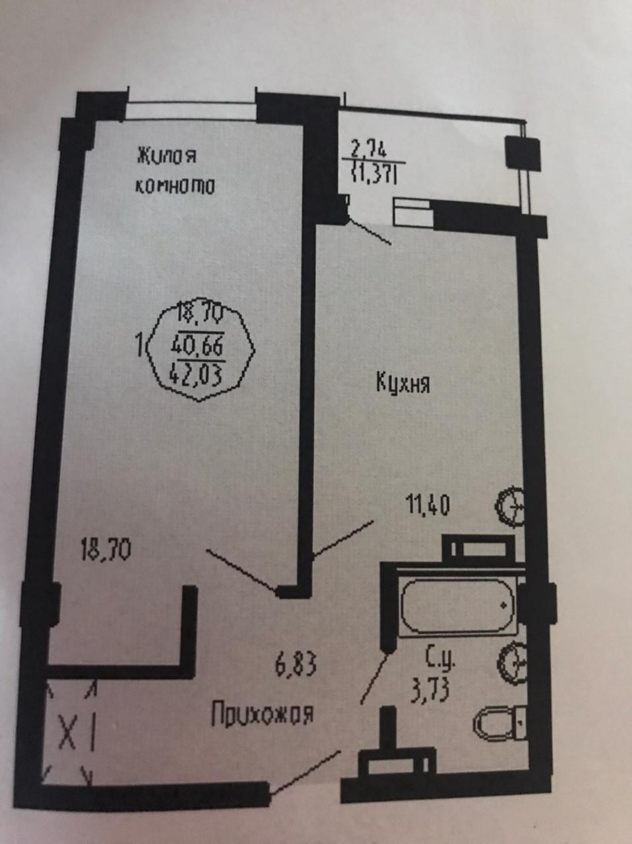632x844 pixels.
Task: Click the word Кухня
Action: click(x=402, y=384)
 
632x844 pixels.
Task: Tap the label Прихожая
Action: click(x=263, y=713)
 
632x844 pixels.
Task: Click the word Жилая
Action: click(x=166, y=157)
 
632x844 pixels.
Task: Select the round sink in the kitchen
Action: click(x=510, y=507)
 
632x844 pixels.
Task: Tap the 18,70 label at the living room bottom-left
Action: click(x=106, y=550)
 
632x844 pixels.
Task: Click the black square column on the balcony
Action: click(x=522, y=152)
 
